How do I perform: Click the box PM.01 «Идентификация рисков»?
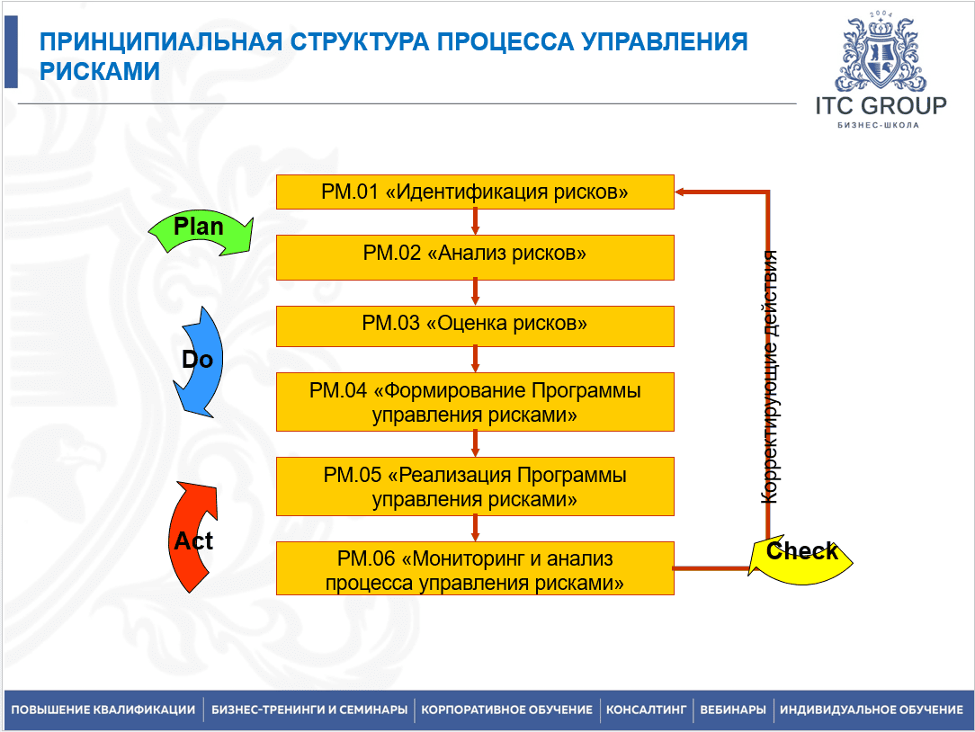pyautogui.click(x=475, y=192)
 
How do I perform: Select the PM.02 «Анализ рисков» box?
pyautogui.click(x=475, y=256)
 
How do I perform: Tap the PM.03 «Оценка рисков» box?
pyautogui.click(x=475, y=326)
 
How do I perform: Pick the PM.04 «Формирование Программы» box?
pyautogui.click(x=475, y=403)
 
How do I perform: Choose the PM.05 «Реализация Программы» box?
pyautogui.click(x=475, y=487)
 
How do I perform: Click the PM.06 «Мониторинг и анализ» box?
pyautogui.click(x=475, y=569)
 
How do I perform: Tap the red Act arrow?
pyautogui.click(x=192, y=538)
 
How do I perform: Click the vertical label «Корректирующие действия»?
pyautogui.click(x=771, y=376)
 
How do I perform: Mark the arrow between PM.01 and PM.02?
pyautogui.click(x=475, y=222)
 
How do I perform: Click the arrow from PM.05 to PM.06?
pyautogui.click(x=475, y=529)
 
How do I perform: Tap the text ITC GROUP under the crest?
pyautogui.click(x=881, y=106)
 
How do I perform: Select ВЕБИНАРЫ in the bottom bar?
pyautogui.click(x=733, y=710)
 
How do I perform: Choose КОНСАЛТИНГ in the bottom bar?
pyautogui.click(x=646, y=710)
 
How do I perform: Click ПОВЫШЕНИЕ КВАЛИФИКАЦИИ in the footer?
pyautogui.click(x=103, y=710)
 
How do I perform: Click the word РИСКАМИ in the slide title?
pyautogui.click(x=101, y=72)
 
